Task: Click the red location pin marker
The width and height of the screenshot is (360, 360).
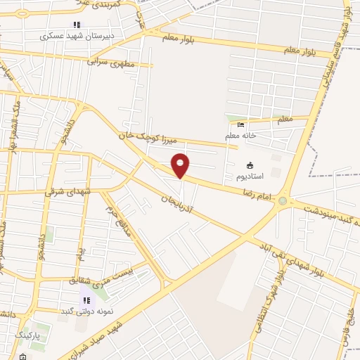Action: [181, 166]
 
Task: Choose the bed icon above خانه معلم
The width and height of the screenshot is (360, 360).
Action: [241, 125]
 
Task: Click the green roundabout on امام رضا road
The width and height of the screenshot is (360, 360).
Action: [283, 201]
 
